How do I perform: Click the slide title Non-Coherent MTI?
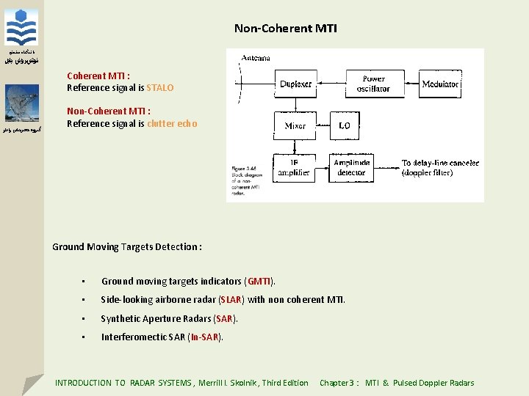286,29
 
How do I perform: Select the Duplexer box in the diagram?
295,84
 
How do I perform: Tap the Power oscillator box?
373,84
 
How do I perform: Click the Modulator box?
440,84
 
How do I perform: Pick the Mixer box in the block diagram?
295,126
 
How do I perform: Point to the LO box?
345,126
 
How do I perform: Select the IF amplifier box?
294,168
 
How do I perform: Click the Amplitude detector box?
351,168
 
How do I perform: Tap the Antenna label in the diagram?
256,58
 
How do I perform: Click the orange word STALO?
160,88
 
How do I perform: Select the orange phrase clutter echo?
172,124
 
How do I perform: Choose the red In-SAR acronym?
204,337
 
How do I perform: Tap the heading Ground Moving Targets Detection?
126,247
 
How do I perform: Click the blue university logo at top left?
22,28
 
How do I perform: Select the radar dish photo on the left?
22,103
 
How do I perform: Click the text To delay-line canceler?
440,163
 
